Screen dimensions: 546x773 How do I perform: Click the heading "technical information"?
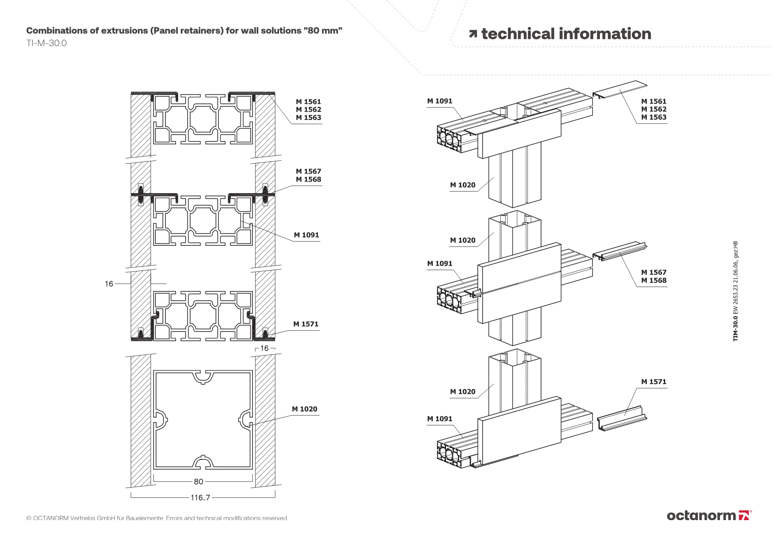566,34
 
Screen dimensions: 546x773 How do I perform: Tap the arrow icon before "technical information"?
473,34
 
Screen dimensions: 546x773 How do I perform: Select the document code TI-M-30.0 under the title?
46,43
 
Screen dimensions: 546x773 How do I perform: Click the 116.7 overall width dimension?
200,498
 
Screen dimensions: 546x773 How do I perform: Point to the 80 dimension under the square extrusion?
198,481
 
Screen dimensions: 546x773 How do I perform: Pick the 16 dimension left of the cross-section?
109,284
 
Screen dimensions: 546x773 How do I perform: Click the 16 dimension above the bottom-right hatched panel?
264,349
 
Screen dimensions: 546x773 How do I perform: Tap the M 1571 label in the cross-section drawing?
306,324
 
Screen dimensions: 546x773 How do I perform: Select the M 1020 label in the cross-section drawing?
305,409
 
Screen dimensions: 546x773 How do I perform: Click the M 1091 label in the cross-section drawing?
306,235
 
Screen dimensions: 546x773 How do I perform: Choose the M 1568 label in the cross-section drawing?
308,179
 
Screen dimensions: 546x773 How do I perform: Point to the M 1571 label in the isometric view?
654,382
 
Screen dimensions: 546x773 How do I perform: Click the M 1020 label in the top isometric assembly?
463,185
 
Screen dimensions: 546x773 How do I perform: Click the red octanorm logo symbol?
744,515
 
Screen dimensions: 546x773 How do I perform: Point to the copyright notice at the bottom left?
157,518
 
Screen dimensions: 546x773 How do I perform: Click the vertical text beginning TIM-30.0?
736,291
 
